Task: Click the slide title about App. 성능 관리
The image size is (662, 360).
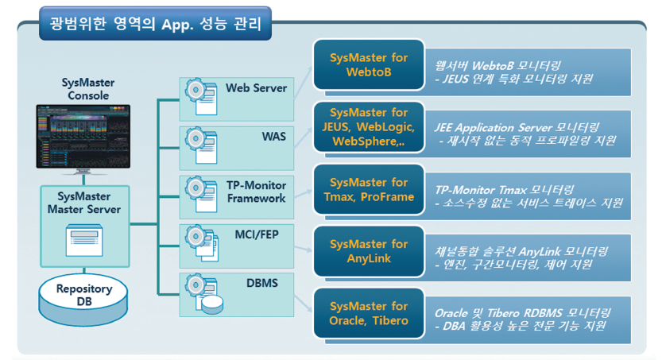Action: click(x=155, y=23)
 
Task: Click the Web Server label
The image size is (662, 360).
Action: click(x=256, y=88)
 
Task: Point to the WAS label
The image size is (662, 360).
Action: click(x=273, y=137)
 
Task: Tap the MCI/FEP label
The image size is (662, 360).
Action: click(x=257, y=235)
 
